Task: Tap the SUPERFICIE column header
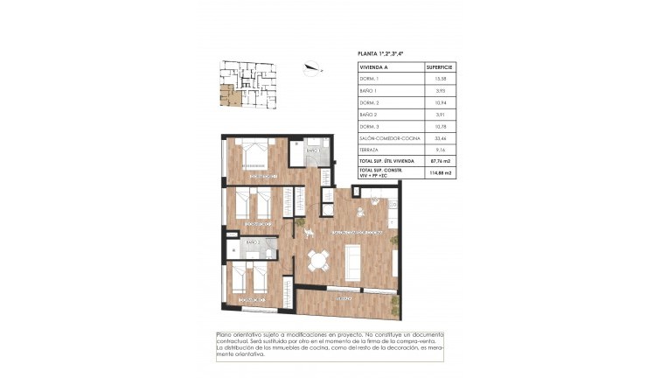tap(438, 66)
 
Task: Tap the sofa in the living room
tap(354, 260)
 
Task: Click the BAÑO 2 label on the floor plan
tap(253, 242)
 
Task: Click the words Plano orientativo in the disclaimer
tap(241, 335)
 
